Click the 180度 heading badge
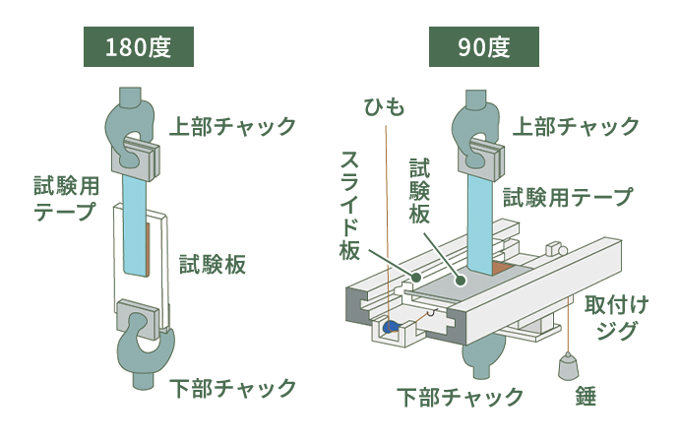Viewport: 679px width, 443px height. click(138, 47)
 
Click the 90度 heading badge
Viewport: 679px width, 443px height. click(484, 47)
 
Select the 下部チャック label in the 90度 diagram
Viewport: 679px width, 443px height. click(461, 398)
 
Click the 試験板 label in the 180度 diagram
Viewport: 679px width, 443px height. click(212, 265)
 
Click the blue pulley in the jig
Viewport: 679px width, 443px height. click(391, 326)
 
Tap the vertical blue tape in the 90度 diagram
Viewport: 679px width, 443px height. click(481, 217)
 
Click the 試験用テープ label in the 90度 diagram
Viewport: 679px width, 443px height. click(568, 197)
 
